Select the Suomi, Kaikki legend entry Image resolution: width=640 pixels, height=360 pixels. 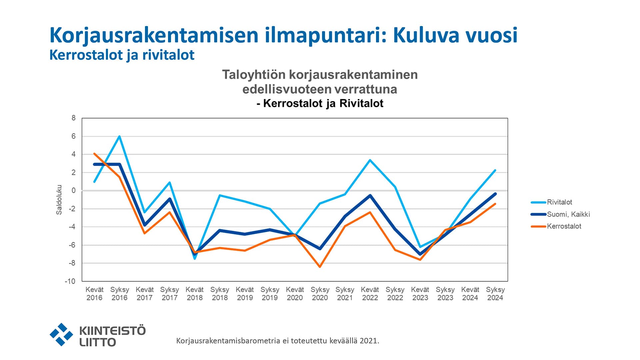pos(568,214)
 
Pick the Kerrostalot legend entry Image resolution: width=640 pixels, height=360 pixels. pos(564,226)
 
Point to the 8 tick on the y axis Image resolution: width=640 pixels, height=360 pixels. pos(74,118)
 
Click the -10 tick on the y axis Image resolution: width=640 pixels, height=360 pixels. pos(70,281)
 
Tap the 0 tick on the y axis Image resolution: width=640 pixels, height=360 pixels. pos(74,191)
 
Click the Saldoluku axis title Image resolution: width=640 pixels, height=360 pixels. pos(59,200)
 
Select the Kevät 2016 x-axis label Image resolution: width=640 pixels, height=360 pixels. pos(94,294)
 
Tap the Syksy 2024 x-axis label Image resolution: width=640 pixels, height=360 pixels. pos(495,294)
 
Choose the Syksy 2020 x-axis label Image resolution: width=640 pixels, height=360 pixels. pos(320,294)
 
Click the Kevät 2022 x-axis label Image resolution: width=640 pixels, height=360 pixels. pos(370,294)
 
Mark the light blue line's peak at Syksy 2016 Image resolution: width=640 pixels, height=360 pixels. pos(119,136)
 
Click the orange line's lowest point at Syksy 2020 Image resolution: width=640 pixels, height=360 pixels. pos(320,267)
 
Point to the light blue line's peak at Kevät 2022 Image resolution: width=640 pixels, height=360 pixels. pos(370,160)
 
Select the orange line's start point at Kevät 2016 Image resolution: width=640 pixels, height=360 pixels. pos(95,154)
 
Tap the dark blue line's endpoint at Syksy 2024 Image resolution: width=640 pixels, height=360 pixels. pos(495,194)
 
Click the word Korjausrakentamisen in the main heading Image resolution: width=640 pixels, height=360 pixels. pos(154,35)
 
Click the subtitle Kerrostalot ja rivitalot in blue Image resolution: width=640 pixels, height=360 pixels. pos(122,55)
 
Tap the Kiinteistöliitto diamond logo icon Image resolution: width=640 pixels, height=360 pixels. pos(61,334)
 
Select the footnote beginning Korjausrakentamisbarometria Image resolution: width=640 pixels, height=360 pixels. pos(277,341)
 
